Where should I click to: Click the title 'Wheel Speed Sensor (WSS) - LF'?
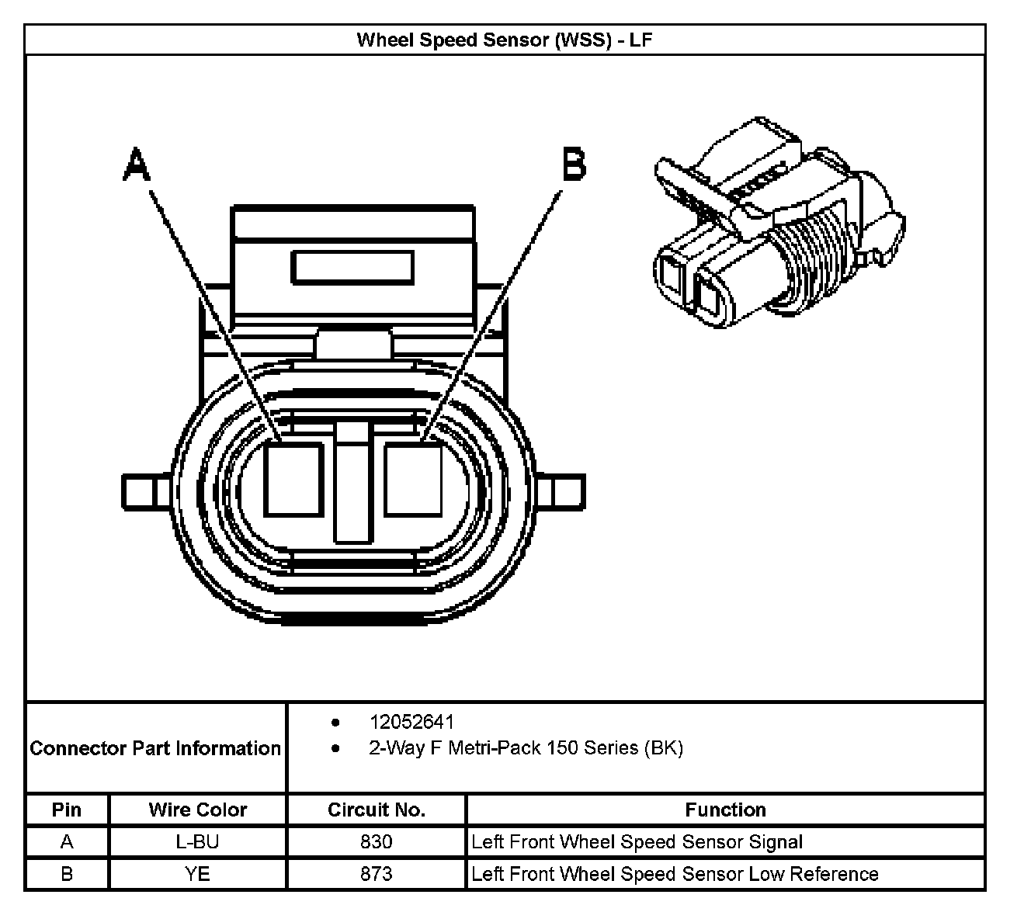(504, 40)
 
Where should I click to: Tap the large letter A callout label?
(137, 165)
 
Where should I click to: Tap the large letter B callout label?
(574, 165)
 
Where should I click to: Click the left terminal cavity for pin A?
(293, 479)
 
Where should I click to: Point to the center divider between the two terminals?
(353, 483)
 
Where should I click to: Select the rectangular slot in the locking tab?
(352, 268)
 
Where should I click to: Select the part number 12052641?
(411, 722)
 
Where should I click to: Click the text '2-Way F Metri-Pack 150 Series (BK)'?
(526, 748)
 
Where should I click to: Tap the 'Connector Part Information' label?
(155, 748)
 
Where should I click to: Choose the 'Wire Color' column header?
(198, 810)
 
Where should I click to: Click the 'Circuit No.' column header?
(377, 810)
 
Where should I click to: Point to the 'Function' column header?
(725, 810)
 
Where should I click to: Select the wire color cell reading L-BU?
(198, 842)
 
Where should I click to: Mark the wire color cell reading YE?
(198, 874)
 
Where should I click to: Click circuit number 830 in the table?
(377, 842)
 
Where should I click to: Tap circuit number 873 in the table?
(377, 874)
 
